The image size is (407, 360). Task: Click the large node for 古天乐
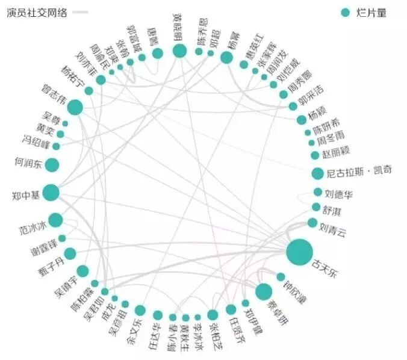tap(300, 252)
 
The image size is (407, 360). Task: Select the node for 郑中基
tap(51, 193)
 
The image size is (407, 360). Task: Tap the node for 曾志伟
tap(75, 108)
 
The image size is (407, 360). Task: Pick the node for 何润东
tap(52, 165)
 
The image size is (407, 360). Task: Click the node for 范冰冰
tap(55, 220)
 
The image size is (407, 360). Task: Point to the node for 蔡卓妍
tap(263, 292)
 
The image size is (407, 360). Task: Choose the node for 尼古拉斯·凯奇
tap(318, 174)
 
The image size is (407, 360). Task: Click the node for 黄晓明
tap(179, 51)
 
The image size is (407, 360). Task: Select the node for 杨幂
tap(226, 57)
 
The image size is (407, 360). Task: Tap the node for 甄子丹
tap(70, 254)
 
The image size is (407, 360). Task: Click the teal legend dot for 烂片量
tap(345, 13)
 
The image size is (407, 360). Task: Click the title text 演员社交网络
tap(37, 12)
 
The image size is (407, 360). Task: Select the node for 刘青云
tap(312, 223)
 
